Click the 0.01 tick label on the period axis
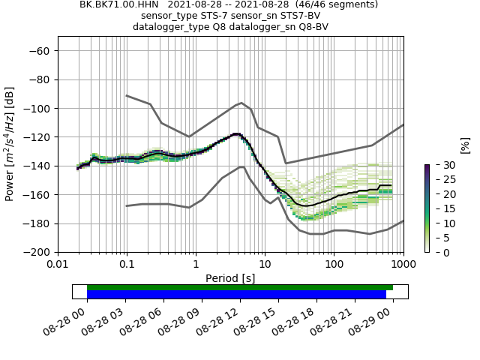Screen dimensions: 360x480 click(x=58, y=265)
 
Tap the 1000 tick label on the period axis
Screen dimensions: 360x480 click(x=403, y=265)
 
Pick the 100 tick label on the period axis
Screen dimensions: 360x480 click(x=334, y=265)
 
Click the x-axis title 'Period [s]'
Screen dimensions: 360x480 click(x=230, y=277)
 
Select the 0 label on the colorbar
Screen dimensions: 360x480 click(x=438, y=252)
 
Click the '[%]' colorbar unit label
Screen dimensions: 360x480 click(x=464, y=145)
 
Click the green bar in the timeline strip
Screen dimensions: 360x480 click(x=240, y=287)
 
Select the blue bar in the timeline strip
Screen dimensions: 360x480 click(x=236, y=295)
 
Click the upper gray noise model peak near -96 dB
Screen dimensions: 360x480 click(x=241, y=103)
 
